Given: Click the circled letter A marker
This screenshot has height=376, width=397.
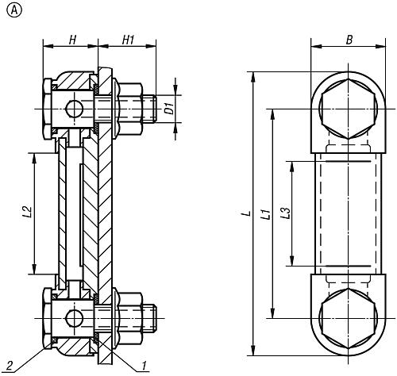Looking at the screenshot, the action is (x=13, y=10).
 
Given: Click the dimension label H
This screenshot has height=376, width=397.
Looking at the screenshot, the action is (x=72, y=40).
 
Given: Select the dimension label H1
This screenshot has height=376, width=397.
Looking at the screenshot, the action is (x=129, y=40).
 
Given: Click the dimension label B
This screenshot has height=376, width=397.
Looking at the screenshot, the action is (x=349, y=40).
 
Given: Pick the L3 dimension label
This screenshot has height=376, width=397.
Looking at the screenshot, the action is (x=286, y=213).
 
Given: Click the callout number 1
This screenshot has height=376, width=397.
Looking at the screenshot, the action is (x=144, y=366).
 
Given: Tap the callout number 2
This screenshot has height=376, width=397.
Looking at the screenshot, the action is (x=10, y=366).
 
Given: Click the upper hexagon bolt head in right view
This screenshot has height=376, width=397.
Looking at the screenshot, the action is (x=348, y=109).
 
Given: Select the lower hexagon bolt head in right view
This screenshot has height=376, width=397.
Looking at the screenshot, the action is (x=348, y=318).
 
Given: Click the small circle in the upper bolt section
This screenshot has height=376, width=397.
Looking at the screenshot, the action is (x=75, y=109).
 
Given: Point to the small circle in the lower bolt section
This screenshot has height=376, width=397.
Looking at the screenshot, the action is (x=75, y=318).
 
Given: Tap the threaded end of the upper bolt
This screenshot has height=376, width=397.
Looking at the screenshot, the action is (x=150, y=109).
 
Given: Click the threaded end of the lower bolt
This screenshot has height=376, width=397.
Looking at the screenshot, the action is (x=150, y=318).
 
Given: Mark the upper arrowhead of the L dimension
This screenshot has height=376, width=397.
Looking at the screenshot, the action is (x=254, y=77).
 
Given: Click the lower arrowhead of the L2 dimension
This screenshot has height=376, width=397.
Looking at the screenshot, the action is (x=34, y=269).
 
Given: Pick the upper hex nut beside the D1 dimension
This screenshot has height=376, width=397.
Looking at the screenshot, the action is (x=130, y=109).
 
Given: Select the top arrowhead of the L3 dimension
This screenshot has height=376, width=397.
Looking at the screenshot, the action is (x=292, y=166).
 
